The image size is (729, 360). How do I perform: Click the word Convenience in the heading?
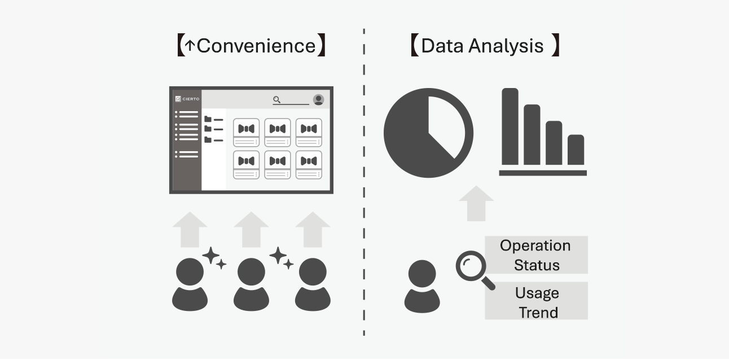pyautogui.click(x=256, y=46)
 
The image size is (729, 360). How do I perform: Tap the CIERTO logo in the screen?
pyautogui.click(x=187, y=99)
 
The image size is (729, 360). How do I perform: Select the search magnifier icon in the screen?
pyautogui.click(x=276, y=100)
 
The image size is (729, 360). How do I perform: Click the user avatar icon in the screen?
pyautogui.click(x=318, y=99)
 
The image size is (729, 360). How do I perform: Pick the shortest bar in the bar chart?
pyautogui.click(x=576, y=150)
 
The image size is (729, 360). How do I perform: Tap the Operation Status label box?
pyautogui.click(x=536, y=255)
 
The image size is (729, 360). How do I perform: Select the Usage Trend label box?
pyautogui.click(x=536, y=301)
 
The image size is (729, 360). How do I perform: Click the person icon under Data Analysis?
pyautogui.click(x=422, y=286)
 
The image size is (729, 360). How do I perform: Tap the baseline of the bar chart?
pyautogui.click(x=543, y=173)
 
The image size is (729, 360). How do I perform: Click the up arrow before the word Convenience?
pyautogui.click(x=190, y=46)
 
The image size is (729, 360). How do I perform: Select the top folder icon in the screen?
pyautogui.click(x=208, y=119)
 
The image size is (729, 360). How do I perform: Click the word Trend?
pyautogui.click(x=538, y=312)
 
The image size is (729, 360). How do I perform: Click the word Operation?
pyautogui.click(x=535, y=245)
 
